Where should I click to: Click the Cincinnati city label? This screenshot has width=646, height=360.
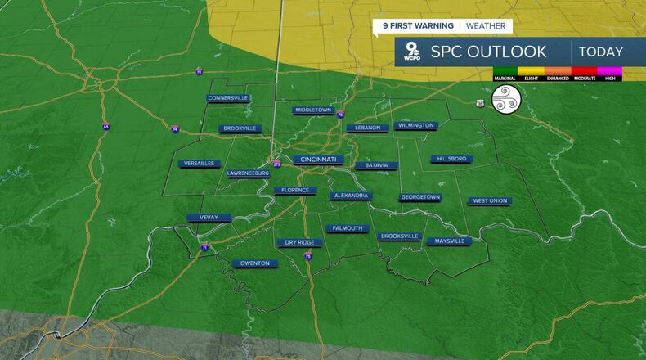click(319, 159)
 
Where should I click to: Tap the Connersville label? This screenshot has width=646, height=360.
click(228, 98)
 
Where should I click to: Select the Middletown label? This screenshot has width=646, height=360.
click(313, 110)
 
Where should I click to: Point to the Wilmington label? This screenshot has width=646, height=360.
click(415, 125)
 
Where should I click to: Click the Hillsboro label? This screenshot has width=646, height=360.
click(451, 159)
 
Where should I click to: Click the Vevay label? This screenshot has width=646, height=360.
click(210, 218)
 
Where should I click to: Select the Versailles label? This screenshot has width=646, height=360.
click(200, 163)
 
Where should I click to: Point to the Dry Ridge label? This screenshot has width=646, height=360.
click(299, 242)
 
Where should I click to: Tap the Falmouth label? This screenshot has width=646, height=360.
click(347, 228)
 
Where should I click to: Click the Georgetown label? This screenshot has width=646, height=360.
click(420, 197)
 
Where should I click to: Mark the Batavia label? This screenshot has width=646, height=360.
click(377, 165)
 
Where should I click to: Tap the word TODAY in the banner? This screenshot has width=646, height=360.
click(601, 52)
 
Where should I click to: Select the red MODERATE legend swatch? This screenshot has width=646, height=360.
click(585, 72)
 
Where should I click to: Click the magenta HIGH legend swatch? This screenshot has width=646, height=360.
click(610, 72)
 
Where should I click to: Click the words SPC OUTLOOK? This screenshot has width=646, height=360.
click(489, 52)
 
